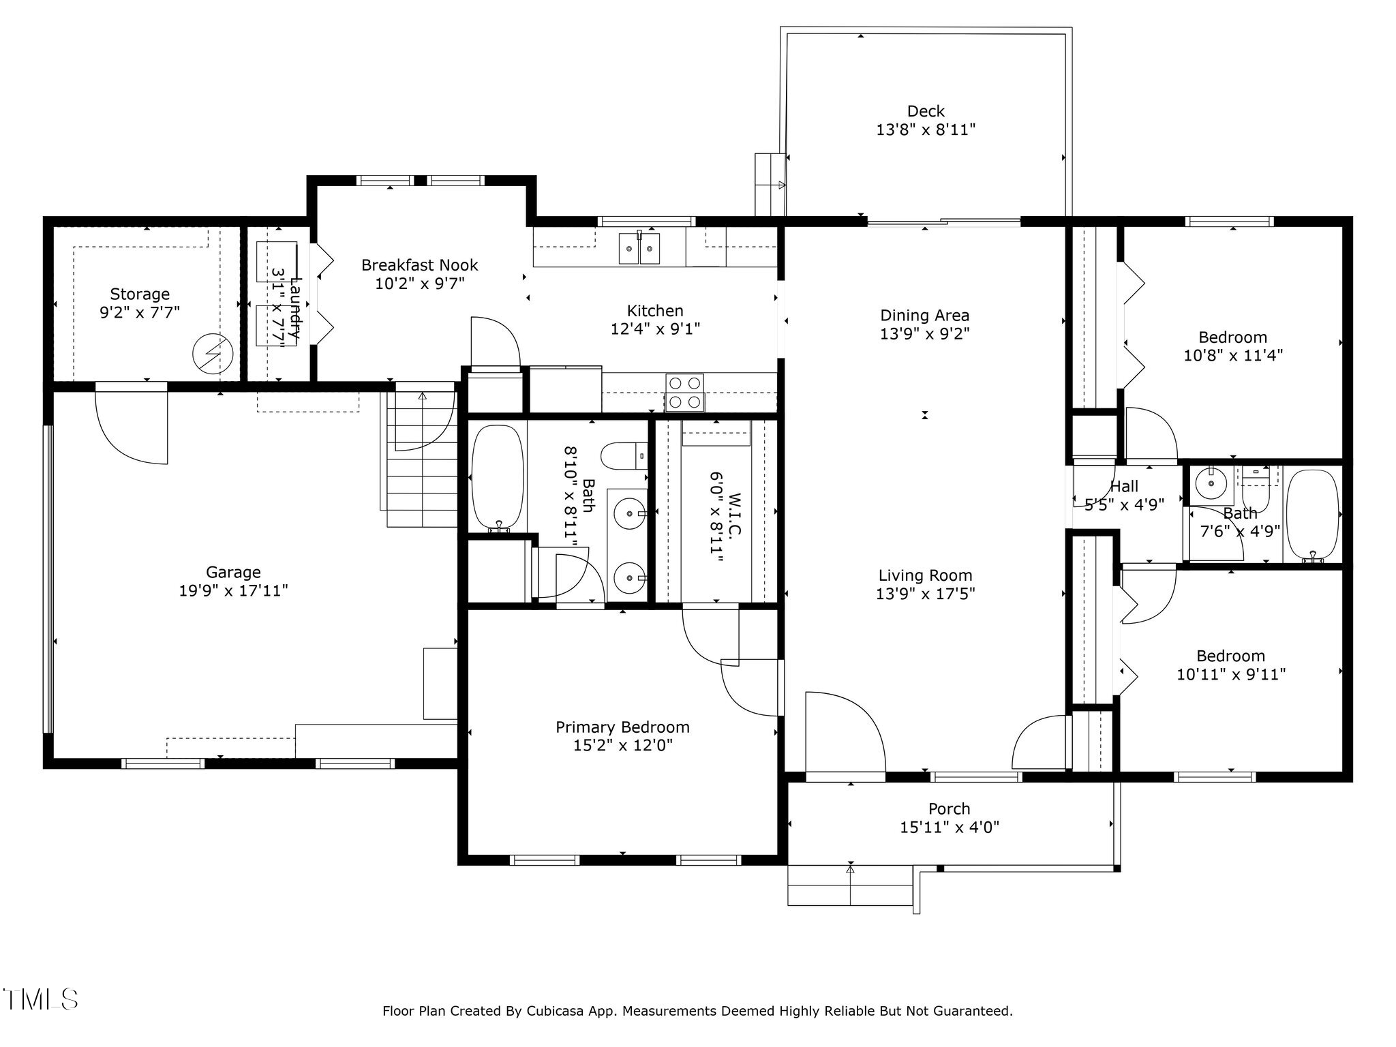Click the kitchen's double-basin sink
coord(639,248)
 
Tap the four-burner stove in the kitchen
coord(684,393)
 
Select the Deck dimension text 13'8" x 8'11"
coord(925,130)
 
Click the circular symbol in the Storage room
coord(213,354)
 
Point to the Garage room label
coord(233,573)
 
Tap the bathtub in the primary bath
coord(498,477)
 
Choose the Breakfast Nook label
coord(419,265)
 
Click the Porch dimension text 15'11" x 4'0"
coord(949,828)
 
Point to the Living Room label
coord(925,575)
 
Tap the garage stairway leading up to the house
coord(421,470)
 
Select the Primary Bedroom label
coord(622,727)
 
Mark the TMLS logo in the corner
coord(41,999)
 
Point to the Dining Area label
coord(924,316)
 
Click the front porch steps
coord(849,885)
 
